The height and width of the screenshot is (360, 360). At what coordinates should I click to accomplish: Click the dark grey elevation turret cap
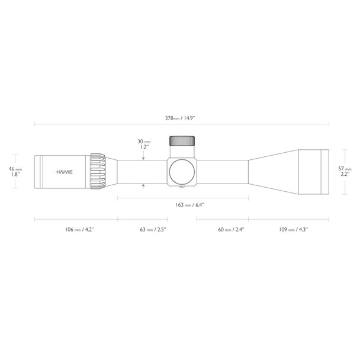click(x=182, y=141)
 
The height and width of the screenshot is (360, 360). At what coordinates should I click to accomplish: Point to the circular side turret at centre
click(x=182, y=171)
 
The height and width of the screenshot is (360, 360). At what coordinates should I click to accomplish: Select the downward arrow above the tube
click(x=144, y=157)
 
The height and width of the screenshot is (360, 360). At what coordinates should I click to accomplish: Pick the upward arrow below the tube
click(x=144, y=185)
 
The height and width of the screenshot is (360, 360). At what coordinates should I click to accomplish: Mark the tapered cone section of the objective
click(x=272, y=171)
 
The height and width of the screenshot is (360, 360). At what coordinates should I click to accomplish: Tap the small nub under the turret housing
click(x=182, y=189)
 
